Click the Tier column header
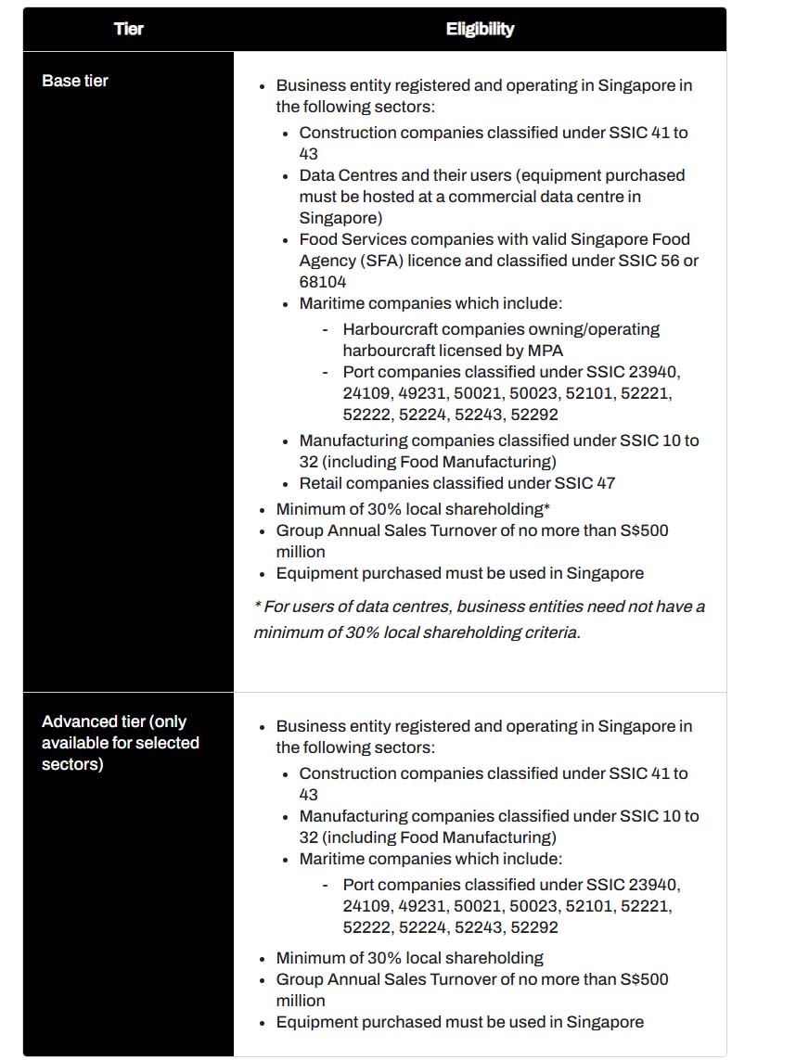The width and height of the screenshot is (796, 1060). pos(129,29)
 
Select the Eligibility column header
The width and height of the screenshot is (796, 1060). pos(480,29)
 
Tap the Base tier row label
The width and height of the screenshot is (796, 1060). pos(75,81)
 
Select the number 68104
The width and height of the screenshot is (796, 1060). pos(320,282)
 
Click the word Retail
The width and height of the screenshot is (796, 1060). pos(320,483)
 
